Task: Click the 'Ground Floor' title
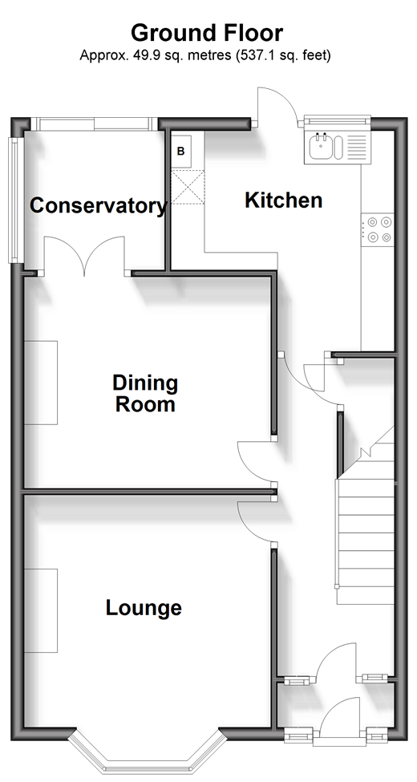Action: (207, 33)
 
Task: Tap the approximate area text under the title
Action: (205, 55)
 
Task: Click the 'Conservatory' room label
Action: (98, 205)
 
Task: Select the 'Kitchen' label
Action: (283, 201)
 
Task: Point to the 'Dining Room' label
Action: (145, 393)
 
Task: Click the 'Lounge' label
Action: (144, 607)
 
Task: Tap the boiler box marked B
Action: (180, 151)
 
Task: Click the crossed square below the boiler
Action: (188, 187)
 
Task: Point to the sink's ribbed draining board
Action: (355, 147)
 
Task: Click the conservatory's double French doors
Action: (85, 255)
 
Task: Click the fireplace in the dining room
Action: (41, 383)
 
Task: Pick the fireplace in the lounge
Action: (41, 610)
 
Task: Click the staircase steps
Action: (366, 533)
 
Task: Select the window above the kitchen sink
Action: (337, 120)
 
